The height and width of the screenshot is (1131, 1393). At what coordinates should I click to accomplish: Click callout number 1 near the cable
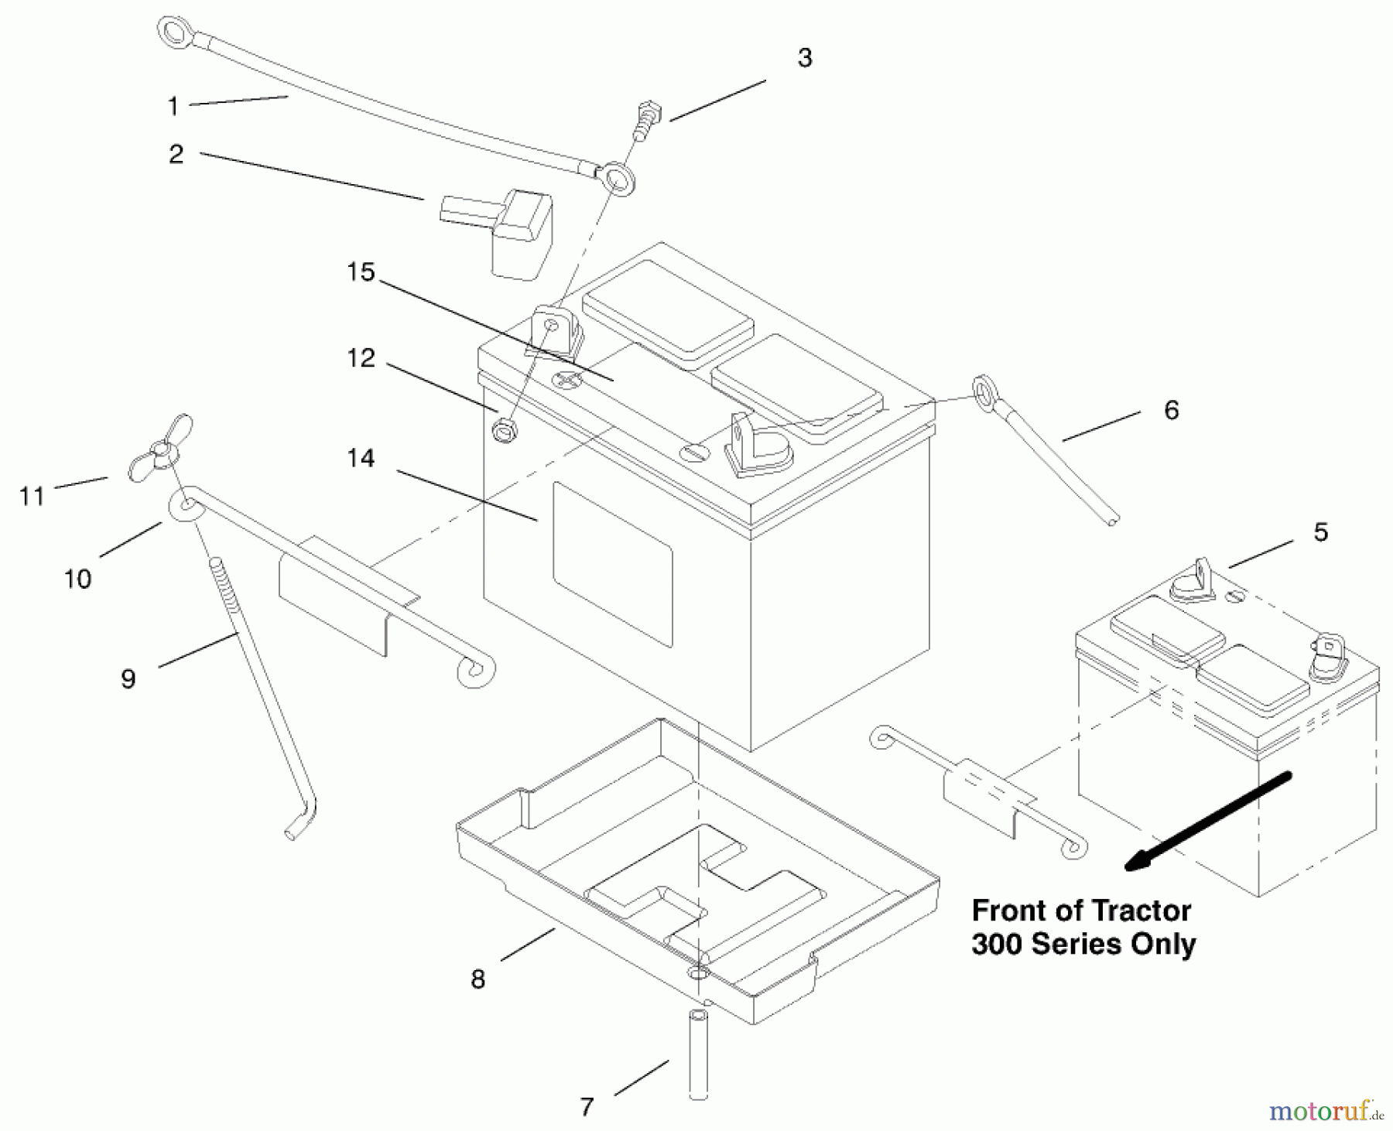click(x=173, y=106)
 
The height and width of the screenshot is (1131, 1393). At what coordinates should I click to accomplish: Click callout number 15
click(x=361, y=272)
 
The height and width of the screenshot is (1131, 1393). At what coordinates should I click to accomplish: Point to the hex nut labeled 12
click(x=504, y=430)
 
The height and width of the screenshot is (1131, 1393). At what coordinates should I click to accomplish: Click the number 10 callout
click(x=77, y=578)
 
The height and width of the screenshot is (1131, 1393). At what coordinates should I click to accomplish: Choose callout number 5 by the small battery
click(x=1321, y=532)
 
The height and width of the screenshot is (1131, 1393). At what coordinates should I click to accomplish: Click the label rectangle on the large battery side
click(x=612, y=564)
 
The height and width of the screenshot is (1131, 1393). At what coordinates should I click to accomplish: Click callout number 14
click(x=361, y=459)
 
